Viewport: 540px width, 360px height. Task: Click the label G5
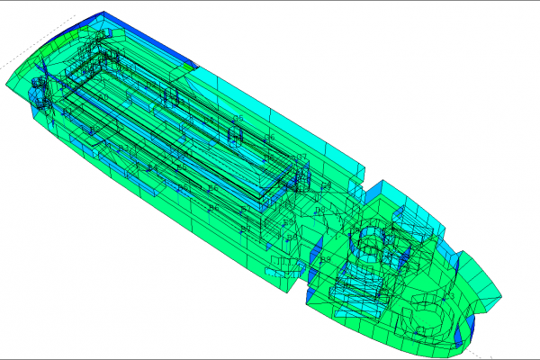click(238, 118)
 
